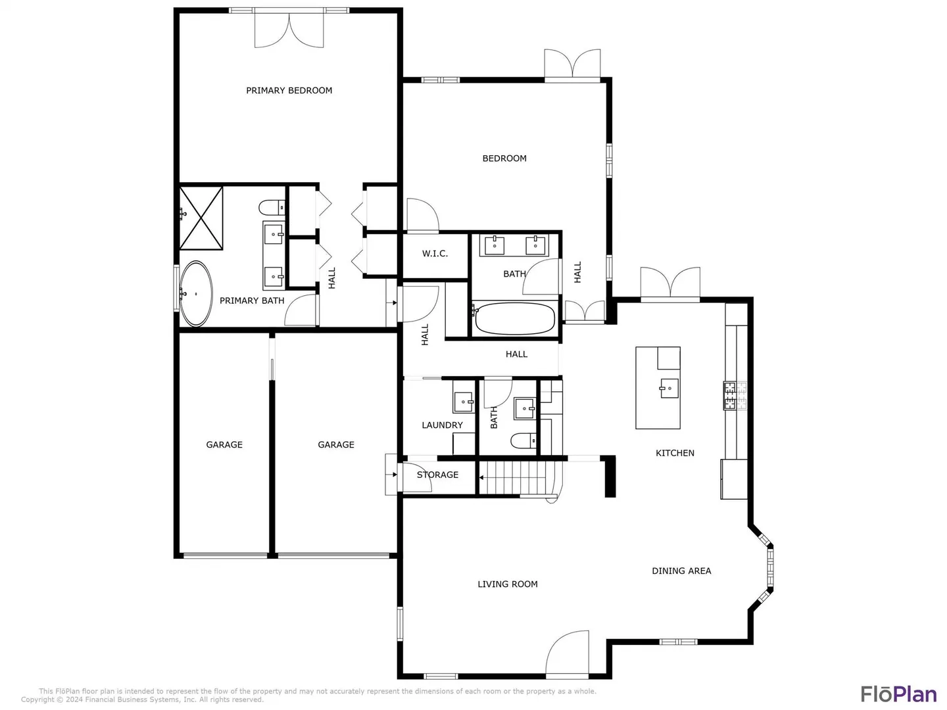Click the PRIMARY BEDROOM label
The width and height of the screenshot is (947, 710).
pyautogui.click(x=289, y=91)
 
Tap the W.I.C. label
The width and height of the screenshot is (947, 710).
pyautogui.click(x=435, y=254)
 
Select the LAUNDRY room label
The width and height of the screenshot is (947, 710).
pyautogui.click(x=442, y=425)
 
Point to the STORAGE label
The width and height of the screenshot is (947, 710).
pyautogui.click(x=437, y=475)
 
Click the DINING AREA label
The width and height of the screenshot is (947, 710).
pyautogui.click(x=681, y=571)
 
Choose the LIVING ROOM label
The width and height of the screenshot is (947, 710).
pyautogui.click(x=507, y=584)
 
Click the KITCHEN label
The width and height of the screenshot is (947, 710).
pyautogui.click(x=675, y=453)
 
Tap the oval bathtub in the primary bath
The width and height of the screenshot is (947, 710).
pyautogui.click(x=196, y=294)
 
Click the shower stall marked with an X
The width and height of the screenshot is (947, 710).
pyautogui.click(x=201, y=218)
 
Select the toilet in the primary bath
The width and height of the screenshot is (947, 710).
pyautogui.click(x=272, y=207)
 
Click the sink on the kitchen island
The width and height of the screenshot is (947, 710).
pyautogui.click(x=669, y=389)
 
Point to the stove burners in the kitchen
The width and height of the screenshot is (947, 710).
pyautogui.click(x=735, y=396)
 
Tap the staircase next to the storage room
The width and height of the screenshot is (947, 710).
pyautogui.click(x=520, y=478)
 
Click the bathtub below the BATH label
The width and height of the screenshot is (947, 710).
pyautogui.click(x=514, y=319)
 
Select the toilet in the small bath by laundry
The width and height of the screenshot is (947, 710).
pyautogui.click(x=523, y=440)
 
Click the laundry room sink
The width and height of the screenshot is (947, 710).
pyautogui.click(x=464, y=402)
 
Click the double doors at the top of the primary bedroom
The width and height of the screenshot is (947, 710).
pyautogui.click(x=289, y=29)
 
